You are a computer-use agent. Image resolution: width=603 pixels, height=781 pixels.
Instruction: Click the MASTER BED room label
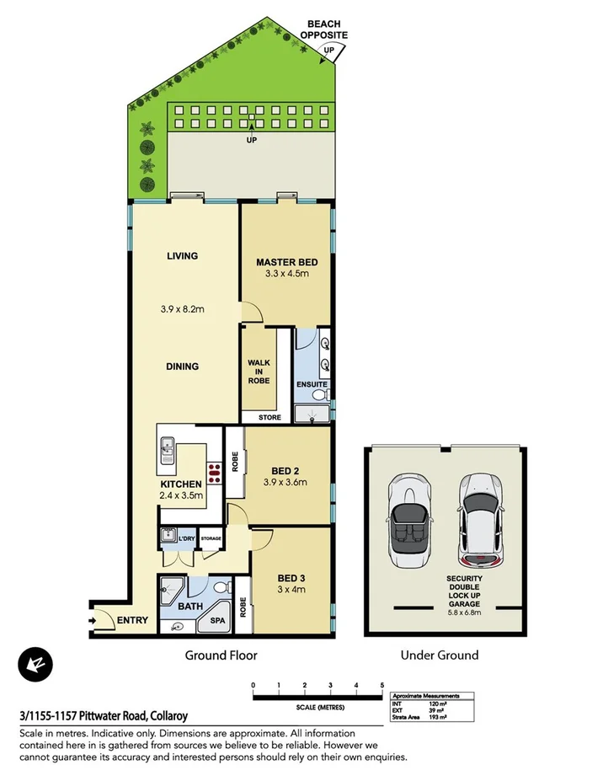coord(286,262)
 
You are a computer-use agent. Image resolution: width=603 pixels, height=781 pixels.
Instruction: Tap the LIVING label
coord(182,255)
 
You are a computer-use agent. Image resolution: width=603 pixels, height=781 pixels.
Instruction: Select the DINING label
coord(182,366)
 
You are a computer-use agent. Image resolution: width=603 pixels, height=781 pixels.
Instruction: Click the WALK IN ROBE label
coord(259,372)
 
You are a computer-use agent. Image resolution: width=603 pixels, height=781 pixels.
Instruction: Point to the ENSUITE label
coord(311,385)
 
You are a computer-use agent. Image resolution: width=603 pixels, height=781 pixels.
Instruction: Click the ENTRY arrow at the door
coord(93,622)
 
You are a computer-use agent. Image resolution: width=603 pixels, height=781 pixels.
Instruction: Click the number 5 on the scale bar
coord(382,684)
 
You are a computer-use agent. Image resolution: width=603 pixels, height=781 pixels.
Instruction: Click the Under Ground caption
coord(440,655)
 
